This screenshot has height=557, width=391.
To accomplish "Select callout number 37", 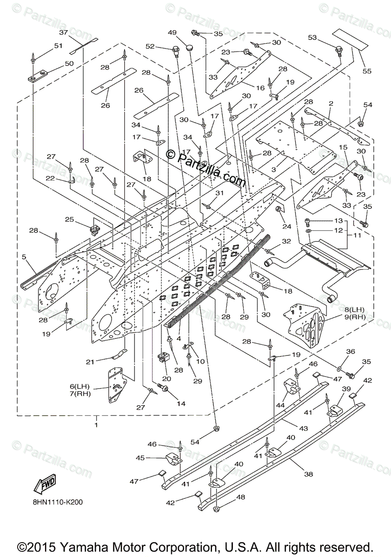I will point(64,32).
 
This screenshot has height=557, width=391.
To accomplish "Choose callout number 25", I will point(70,219).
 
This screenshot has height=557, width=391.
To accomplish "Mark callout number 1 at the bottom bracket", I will point(96,424).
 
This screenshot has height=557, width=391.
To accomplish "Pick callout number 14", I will point(180,404).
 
